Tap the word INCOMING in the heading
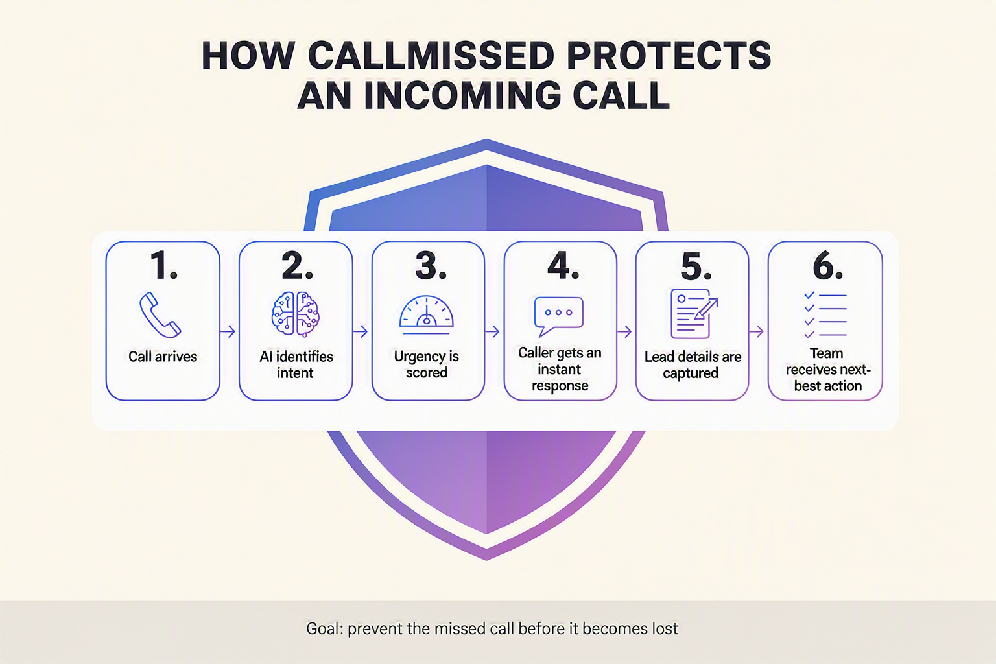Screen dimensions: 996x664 pos(463,95)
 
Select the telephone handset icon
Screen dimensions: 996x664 pos(160,315)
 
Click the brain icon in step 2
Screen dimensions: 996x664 pos(296,314)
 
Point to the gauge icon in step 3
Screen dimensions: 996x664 pos(427,315)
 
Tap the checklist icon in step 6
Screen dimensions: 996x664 pos(825,315)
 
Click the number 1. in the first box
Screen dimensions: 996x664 pos(163,265)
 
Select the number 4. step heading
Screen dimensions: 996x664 pos(563,265)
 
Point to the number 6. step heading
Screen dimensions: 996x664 pos(827,265)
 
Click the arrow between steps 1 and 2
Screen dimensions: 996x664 pos(228,331)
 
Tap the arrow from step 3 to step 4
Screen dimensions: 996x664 pos(492,331)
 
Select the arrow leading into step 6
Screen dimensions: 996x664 pos(756,331)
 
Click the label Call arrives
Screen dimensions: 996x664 pos(163,357)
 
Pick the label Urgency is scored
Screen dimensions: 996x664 pos(427,364)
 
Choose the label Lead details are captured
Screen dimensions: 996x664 pos(693,364)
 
